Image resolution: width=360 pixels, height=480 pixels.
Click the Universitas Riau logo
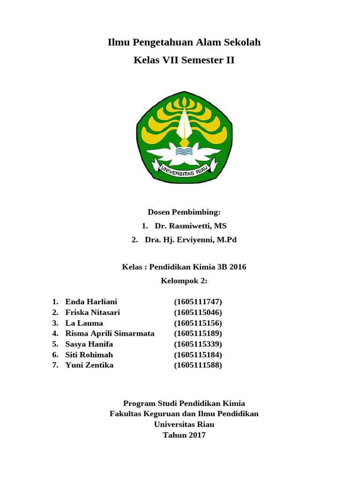pyautogui.click(x=184, y=137)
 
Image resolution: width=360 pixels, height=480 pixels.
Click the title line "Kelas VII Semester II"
pyautogui.click(x=184, y=60)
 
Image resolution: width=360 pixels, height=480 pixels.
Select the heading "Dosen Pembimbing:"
pyautogui.click(x=184, y=212)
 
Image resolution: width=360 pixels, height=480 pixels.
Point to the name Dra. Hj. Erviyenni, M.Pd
pyautogui.click(x=191, y=240)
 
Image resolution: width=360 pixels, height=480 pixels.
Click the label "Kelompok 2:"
pyautogui.click(x=184, y=281)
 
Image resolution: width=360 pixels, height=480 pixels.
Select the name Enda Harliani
pyautogui.click(x=91, y=301)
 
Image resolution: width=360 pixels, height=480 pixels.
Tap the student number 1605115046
pyautogui.click(x=198, y=312)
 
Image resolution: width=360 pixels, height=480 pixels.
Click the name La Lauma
pyautogui.click(x=84, y=323)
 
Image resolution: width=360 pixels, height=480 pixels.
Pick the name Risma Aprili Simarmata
pyautogui.click(x=110, y=333)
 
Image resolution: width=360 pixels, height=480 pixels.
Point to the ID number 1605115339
pyautogui.click(x=198, y=344)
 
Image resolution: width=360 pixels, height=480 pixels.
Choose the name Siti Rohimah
pyautogui.click(x=89, y=354)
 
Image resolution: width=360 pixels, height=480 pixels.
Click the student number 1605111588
pyautogui.click(x=198, y=365)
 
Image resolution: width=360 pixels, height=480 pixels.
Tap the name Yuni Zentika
pyautogui.click(x=89, y=365)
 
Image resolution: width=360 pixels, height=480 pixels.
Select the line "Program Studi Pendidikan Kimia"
pyautogui.click(x=184, y=403)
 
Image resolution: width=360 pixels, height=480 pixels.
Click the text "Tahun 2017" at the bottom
pyautogui.click(x=184, y=435)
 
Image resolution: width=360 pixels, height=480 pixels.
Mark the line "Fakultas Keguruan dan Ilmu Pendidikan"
pyautogui.click(x=184, y=413)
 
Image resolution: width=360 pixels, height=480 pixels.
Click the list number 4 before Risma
pyautogui.click(x=55, y=333)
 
